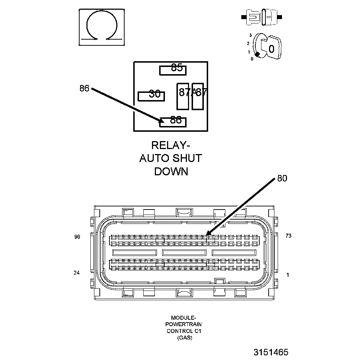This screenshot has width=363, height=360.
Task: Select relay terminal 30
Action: [152, 96]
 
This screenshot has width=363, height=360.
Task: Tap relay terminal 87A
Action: [183, 96]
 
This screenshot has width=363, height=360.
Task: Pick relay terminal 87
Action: [198, 96]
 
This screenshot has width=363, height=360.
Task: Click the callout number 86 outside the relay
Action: [84, 88]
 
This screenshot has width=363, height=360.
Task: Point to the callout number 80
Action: [282, 179]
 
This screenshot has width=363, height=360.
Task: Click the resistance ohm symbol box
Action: [102, 27]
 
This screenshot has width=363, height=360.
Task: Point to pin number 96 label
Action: [77, 237]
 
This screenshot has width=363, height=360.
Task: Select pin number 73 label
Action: [288, 236]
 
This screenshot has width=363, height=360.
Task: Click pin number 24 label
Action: [76, 273]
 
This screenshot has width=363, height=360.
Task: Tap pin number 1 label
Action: [287, 275]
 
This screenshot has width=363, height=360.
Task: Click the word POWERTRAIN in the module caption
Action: [184, 324]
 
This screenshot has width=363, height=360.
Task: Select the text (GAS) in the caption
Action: [184, 338]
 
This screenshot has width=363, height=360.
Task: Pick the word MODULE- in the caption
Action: [184, 318]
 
